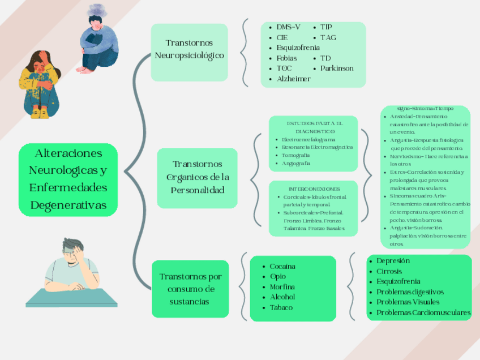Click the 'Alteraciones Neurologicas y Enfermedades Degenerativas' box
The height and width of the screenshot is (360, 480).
click(68, 179)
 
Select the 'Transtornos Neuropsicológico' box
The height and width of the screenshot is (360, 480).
click(189, 50)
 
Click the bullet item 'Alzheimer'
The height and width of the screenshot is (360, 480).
click(293, 79)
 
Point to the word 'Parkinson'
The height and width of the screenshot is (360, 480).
click(337, 68)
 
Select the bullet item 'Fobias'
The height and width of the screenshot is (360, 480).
click(286, 58)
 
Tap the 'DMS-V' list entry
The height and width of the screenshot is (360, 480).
click(288, 27)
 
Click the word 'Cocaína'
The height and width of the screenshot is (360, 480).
click(282, 266)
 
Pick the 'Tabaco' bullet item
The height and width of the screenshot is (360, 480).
click(281, 307)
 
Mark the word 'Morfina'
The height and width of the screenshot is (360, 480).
click(282, 287)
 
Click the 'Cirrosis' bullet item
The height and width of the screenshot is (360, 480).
click(389, 271)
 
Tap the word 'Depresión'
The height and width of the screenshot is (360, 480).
click(393, 261)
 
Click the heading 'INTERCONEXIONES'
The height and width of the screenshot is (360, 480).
click(314, 188)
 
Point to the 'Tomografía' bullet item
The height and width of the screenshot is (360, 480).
click(295, 155)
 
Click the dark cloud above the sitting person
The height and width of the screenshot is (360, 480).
click(97, 10)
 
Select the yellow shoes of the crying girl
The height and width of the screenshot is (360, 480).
click(40, 113)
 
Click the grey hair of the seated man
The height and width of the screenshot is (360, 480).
click(71, 245)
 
